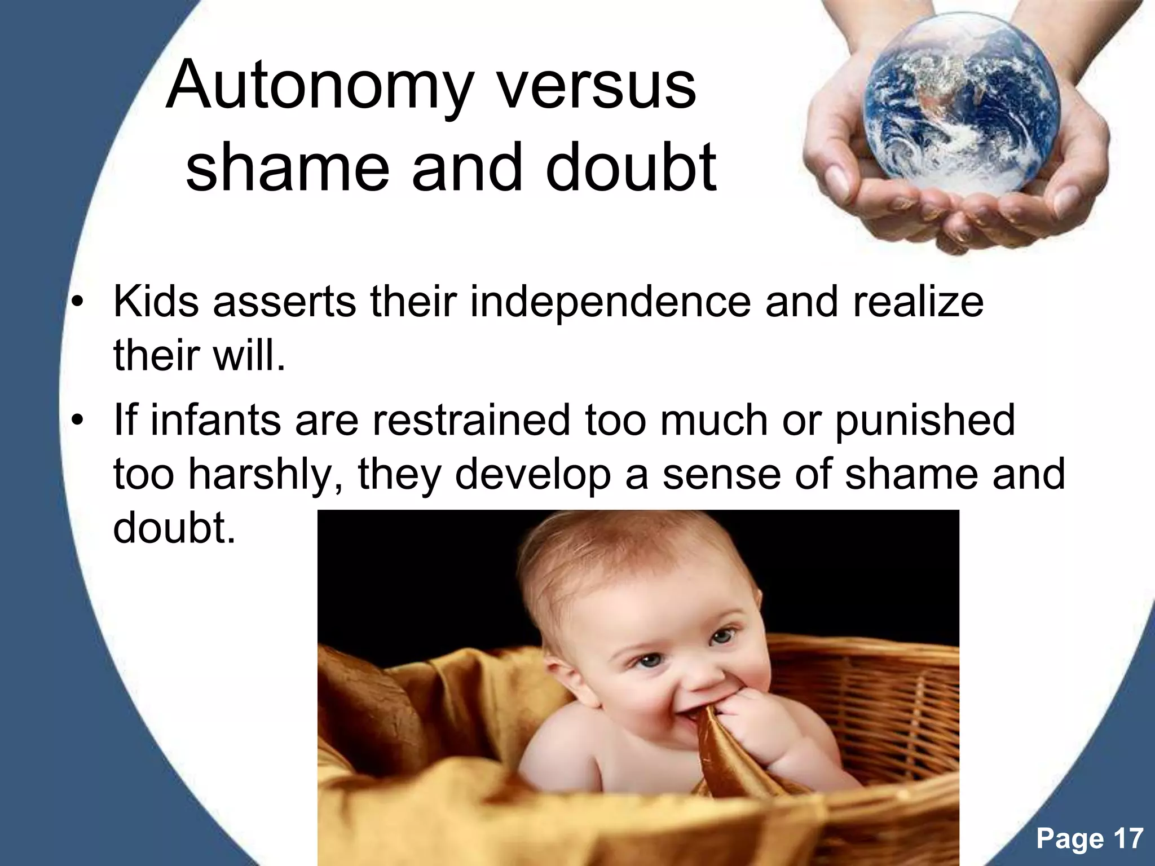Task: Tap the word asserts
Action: (285, 302)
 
